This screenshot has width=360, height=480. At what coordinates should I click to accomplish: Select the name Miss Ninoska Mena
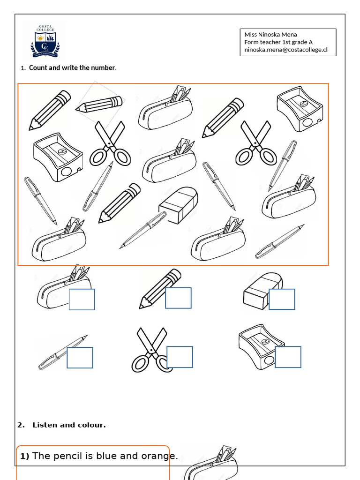tap(270, 34)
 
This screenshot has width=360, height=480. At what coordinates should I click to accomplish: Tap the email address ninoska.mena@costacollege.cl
tap(285, 49)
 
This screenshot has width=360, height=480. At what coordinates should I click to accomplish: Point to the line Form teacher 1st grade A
tap(278, 42)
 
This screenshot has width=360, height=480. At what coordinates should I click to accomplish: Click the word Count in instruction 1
tap(39, 68)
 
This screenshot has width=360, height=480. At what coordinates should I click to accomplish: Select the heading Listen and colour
tap(69, 425)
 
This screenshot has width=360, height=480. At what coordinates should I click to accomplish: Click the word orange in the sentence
tap(157, 456)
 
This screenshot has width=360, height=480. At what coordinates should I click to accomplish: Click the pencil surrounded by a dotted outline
tap(99, 104)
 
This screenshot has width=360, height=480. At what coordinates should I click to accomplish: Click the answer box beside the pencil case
tap(82, 300)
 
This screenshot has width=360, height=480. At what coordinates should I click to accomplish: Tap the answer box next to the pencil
tap(179, 298)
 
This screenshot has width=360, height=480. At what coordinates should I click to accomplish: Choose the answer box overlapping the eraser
tap(282, 300)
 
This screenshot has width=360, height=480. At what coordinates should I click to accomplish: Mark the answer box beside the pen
tap(80, 358)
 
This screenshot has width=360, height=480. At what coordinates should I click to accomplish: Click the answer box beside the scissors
tap(180, 357)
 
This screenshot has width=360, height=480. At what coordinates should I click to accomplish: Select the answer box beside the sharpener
tap(288, 357)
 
